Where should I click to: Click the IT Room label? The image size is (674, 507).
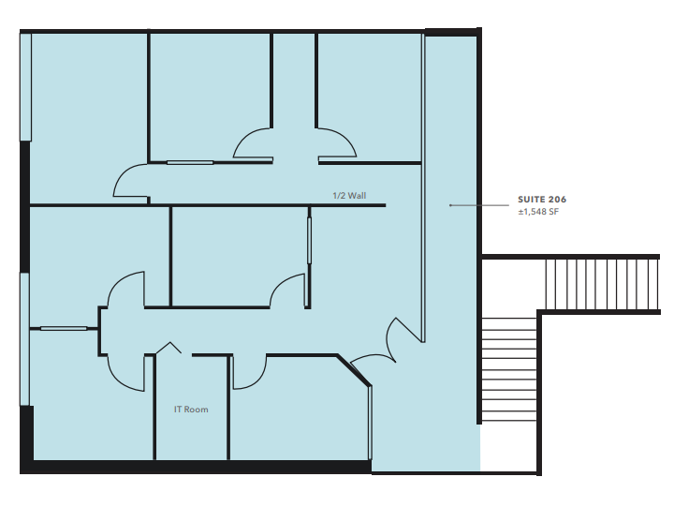click(191, 410)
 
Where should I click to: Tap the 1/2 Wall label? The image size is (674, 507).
click(349, 196)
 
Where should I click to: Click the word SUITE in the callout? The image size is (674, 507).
click(532, 200)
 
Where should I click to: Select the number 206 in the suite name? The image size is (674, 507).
click(557, 200)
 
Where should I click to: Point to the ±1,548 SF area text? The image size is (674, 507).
click(538, 213)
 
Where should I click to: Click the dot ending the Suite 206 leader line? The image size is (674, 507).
click(450, 204)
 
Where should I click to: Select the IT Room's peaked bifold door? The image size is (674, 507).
click(168, 348)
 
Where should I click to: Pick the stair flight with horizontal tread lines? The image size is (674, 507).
click(508, 370)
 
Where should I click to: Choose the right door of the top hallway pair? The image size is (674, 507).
click(337, 142)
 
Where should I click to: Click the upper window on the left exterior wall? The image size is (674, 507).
click(25, 86)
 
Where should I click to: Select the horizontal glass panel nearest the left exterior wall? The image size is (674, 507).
click(63, 328)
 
